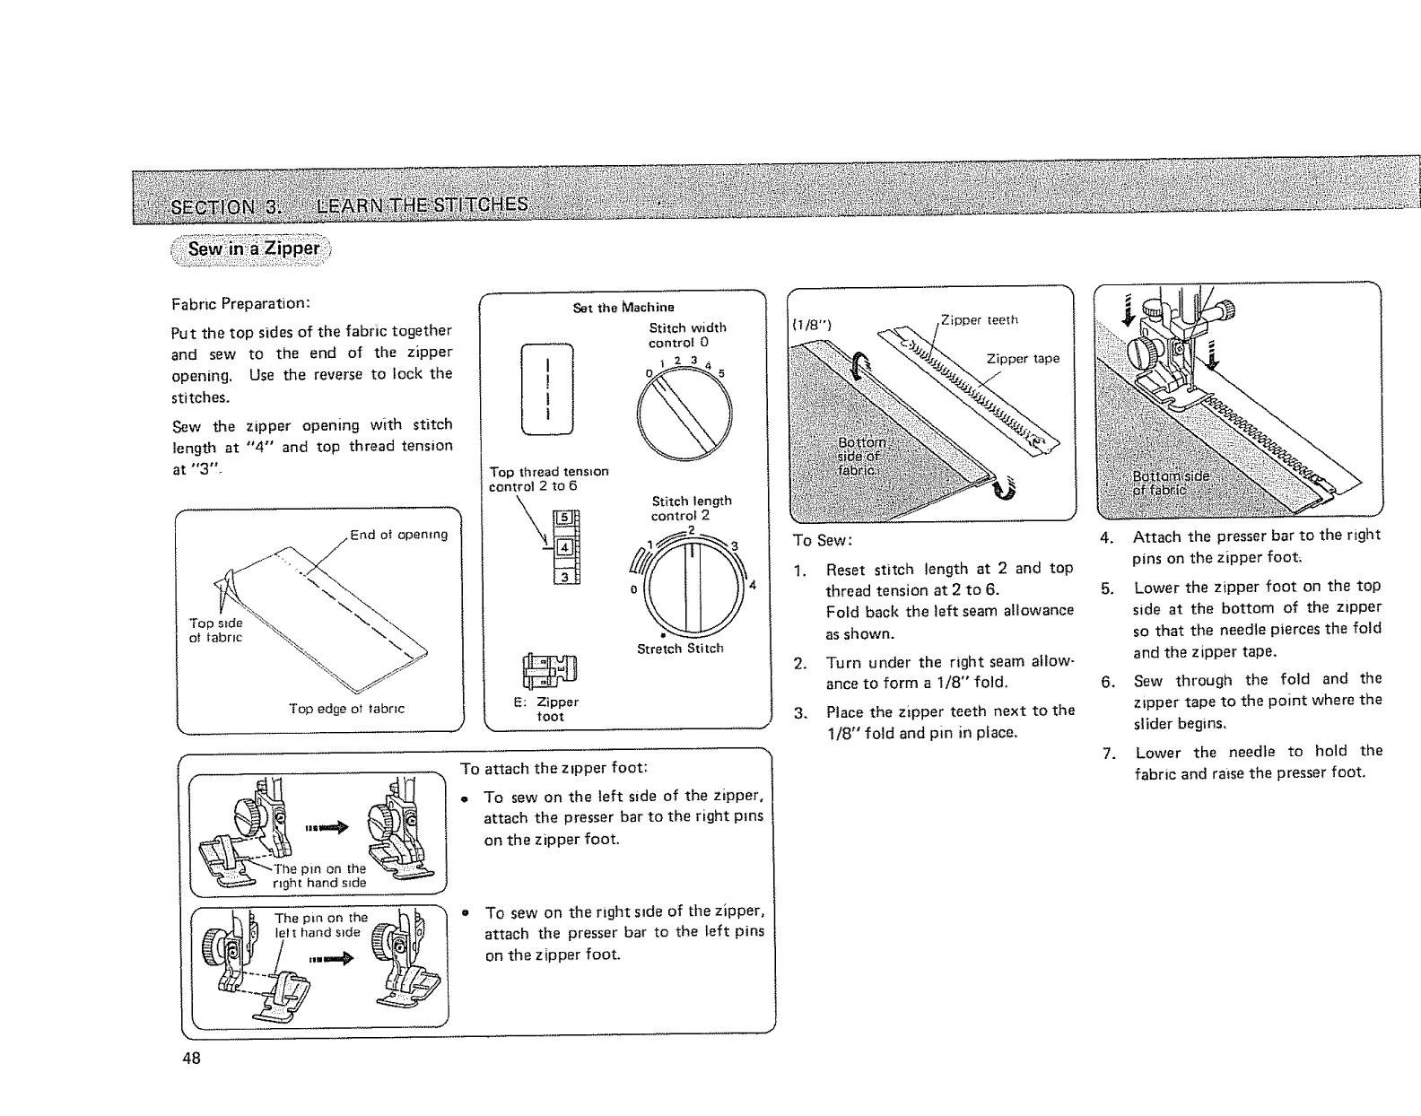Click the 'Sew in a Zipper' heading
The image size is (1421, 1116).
click(254, 248)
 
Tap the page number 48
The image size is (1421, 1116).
click(191, 1058)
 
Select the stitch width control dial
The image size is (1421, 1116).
click(684, 413)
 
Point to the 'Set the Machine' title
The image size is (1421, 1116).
click(623, 308)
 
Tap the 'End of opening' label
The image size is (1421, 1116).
click(398, 536)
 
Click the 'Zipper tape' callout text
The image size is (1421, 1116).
click(1023, 359)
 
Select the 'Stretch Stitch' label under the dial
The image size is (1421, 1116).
click(680, 649)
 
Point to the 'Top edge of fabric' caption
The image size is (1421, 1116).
click(346, 709)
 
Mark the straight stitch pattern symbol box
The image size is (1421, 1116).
click(546, 388)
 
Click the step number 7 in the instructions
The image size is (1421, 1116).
click(1109, 753)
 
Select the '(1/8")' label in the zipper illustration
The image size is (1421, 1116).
click(812, 325)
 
